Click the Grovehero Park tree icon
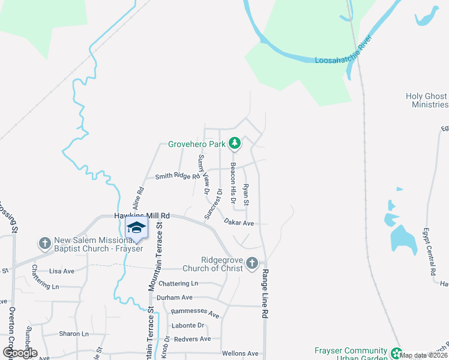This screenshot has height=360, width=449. tap(235, 143)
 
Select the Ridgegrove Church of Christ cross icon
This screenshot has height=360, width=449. tap(252, 263)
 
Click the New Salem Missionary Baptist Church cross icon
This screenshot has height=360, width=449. tap(44, 243)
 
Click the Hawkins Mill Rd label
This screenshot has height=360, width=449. tap(142, 215)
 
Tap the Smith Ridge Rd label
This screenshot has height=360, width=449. tap(177, 176)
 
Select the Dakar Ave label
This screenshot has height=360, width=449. tap(239, 223)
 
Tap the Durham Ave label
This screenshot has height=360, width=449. tap(174, 298)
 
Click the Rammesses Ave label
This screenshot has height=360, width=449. tap(194, 313)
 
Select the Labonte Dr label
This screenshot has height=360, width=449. tap(188, 325)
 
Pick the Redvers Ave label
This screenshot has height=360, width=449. tap(192, 339)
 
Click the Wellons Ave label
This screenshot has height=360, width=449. tap(240, 353)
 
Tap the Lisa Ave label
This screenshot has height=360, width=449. tap(62, 271)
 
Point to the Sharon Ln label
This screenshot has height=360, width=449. tap(73, 334)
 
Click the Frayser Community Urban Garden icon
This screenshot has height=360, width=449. tap(396, 352)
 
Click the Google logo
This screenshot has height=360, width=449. tap(20, 353)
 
